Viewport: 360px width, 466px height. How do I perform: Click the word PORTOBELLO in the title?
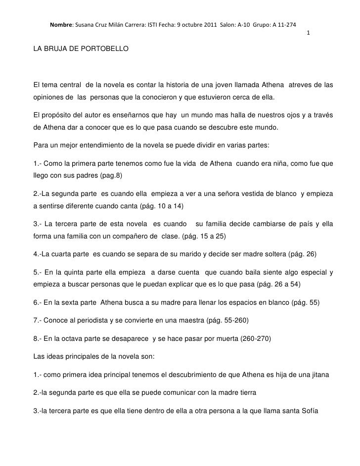tap(104, 50)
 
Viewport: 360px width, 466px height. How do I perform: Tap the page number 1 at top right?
tap(308, 33)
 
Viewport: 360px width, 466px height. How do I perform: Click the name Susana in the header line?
tap(85, 25)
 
